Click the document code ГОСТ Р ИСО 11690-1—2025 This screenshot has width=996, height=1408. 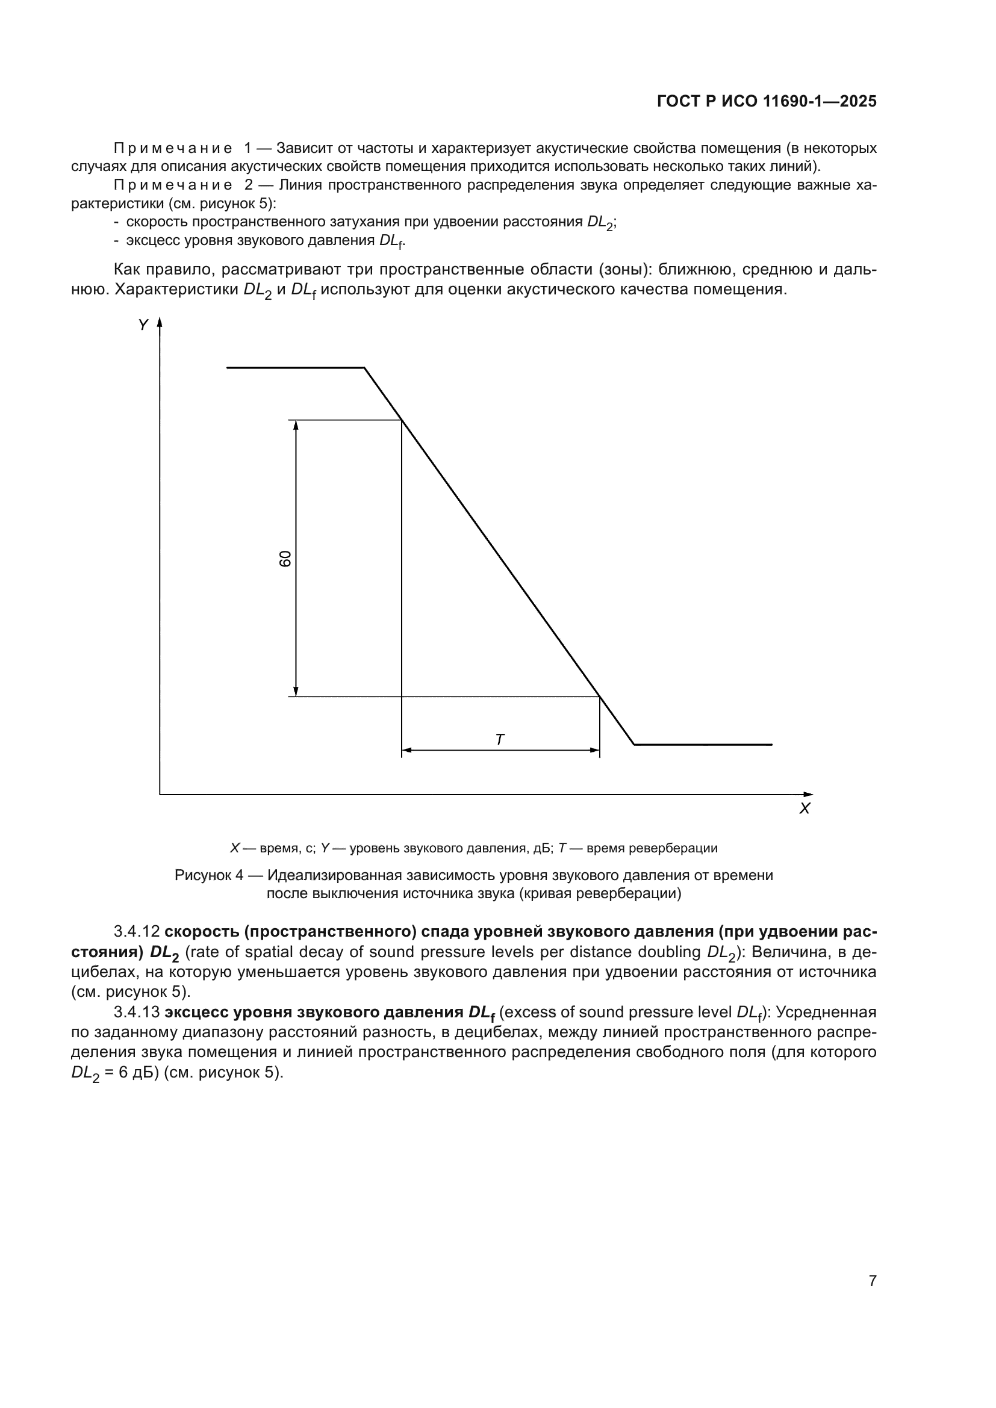(x=766, y=101)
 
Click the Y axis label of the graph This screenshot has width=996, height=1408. (x=143, y=325)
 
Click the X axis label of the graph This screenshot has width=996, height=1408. (x=805, y=809)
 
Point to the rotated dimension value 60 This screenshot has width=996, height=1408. (x=285, y=558)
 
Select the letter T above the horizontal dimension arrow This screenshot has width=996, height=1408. (x=499, y=740)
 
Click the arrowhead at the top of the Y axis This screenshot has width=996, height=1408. (x=160, y=322)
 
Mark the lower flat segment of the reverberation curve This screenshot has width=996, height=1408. (x=703, y=745)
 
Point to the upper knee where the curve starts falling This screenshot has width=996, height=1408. (x=364, y=368)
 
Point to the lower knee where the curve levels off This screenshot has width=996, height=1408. (x=634, y=745)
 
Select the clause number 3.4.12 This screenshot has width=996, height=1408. (x=136, y=931)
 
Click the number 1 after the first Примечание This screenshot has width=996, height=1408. (x=247, y=149)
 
